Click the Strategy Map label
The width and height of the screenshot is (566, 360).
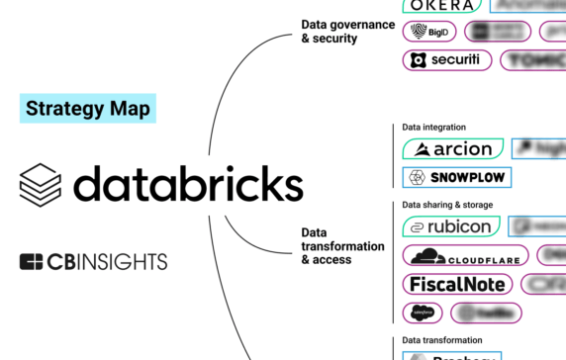pos(87,108)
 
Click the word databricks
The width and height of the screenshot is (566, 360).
pos(188,184)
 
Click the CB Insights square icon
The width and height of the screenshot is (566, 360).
pos(32,262)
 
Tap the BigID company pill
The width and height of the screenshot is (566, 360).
pos(428,32)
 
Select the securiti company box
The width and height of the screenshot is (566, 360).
pos(448,60)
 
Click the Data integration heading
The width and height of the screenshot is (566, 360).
pos(433,128)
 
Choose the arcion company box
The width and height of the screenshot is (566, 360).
pos(453,149)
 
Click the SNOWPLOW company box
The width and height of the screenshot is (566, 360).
pos(456,178)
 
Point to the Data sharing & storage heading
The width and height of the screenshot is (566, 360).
pos(447,205)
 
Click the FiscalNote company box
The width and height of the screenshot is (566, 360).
pos(458,284)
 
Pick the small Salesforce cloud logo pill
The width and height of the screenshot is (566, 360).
pos(424,313)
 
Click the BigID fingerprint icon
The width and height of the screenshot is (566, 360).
pos(418,32)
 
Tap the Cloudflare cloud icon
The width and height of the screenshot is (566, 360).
pos(426,255)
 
